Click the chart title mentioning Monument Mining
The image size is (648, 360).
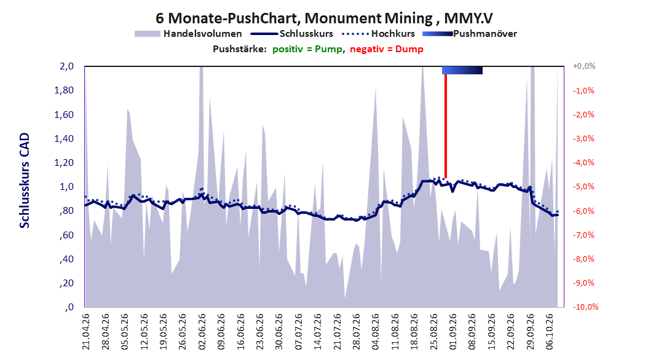(x=324, y=18)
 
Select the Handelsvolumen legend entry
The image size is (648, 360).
(x=189, y=34)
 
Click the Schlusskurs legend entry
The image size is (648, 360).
(x=292, y=34)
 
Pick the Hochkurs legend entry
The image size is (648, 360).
(x=378, y=34)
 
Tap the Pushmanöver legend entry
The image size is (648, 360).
(x=470, y=34)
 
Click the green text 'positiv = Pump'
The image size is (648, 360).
(x=307, y=49)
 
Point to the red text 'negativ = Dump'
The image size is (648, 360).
(x=387, y=49)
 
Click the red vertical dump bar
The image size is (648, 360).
(x=446, y=126)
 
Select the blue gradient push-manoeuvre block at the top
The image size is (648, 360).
(x=462, y=70)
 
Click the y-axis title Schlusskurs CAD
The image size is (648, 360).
(x=25, y=181)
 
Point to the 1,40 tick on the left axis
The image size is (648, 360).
(x=64, y=139)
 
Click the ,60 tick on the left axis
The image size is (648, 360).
(x=66, y=235)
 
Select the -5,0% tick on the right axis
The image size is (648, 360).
(x=583, y=187)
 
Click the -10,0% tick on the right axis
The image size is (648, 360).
(x=585, y=307)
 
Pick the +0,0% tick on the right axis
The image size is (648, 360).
(x=584, y=66)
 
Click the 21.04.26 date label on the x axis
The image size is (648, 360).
(x=85, y=332)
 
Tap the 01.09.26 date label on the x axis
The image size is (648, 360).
(x=452, y=332)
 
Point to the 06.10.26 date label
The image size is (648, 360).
(x=549, y=332)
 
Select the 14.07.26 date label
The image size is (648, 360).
(x=317, y=332)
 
